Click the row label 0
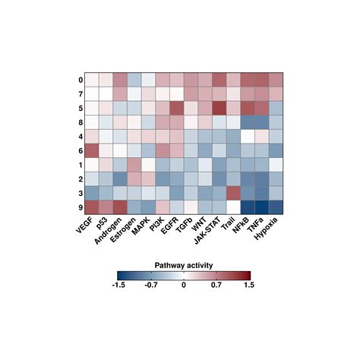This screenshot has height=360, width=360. [x=79, y=80]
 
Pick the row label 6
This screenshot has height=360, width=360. [x=79, y=150]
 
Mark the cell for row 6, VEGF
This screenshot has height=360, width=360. [x=91, y=150]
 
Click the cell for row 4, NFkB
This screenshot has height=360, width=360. [x=247, y=137]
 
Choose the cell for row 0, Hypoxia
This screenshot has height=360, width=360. [x=276, y=80]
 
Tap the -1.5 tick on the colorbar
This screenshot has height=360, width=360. [x=118, y=287]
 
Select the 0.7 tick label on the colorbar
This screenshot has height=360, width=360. [x=216, y=287]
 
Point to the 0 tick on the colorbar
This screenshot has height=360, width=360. [x=183, y=287]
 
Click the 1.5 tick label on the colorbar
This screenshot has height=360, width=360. [x=249, y=287]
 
